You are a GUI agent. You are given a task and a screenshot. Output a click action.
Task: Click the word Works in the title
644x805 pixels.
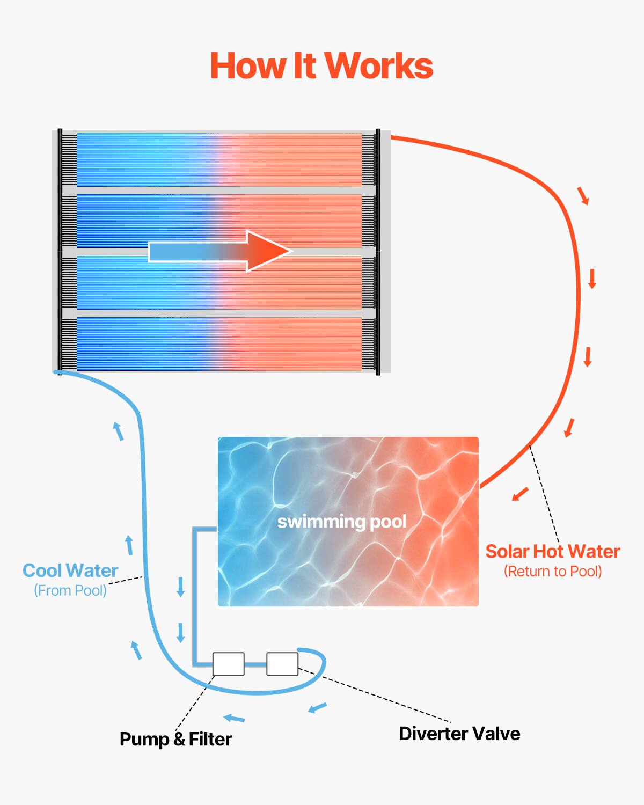(379, 66)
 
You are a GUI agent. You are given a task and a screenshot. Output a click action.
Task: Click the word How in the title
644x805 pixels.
(247, 66)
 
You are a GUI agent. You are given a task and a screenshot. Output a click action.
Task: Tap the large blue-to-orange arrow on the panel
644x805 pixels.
(220, 251)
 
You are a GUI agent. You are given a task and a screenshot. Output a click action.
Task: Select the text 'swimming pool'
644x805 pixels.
(342, 522)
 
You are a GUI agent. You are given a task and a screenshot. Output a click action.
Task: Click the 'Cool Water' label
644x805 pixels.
(70, 570)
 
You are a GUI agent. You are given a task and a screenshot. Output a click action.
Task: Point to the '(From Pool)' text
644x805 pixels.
(70, 590)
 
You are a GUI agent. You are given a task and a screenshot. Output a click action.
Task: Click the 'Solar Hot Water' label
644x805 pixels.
(552, 552)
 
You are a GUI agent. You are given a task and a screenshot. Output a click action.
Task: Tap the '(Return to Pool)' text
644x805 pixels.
(552, 572)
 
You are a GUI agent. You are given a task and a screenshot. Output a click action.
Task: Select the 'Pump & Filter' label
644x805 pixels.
(175, 739)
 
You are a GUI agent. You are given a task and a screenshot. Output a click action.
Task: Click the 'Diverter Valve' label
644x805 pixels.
(459, 734)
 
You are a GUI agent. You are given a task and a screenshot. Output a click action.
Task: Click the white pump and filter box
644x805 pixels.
(229, 664)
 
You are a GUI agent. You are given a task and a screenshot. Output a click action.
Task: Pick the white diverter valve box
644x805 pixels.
(282, 664)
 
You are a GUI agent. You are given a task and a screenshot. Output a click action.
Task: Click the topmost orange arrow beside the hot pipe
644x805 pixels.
(583, 196)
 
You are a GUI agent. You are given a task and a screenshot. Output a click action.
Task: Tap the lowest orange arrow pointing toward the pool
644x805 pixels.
(520, 494)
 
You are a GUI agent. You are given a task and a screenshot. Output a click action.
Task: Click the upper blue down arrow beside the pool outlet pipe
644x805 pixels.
(181, 587)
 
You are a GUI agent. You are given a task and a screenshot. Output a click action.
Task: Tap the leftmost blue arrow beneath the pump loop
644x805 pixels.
(234, 718)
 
